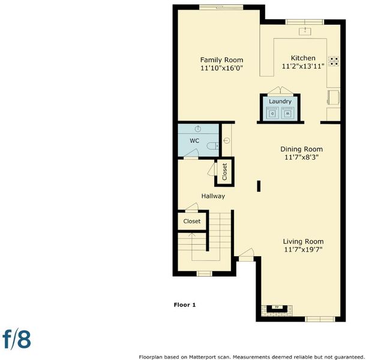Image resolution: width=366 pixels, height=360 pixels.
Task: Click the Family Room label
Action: [x=221, y=60]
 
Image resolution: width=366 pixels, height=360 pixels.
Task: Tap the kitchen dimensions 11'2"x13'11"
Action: [x=303, y=67]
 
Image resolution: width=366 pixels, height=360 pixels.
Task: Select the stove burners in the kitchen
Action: [x=334, y=61]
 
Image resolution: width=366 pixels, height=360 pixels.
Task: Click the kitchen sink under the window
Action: [x=305, y=31]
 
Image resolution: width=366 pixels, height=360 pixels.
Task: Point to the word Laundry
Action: [x=280, y=101]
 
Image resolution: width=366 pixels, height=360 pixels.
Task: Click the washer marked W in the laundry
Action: [x=287, y=113]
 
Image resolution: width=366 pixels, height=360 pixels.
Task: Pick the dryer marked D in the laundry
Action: [x=272, y=113]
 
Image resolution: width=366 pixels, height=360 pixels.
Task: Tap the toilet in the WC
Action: [x=212, y=146]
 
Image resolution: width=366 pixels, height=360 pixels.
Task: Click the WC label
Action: [x=194, y=140]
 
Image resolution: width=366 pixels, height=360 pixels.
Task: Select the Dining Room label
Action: [x=302, y=149]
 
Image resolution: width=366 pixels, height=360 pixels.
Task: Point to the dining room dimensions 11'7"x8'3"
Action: [x=302, y=157]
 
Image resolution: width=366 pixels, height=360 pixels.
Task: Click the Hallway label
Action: [x=213, y=196]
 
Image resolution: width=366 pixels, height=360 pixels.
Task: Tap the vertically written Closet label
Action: [x=224, y=172]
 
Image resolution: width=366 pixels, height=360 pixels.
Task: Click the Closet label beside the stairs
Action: [x=192, y=221]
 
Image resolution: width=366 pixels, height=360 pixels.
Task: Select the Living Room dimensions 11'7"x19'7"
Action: [x=303, y=250]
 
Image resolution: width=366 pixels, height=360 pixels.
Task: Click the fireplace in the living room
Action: [x=277, y=309]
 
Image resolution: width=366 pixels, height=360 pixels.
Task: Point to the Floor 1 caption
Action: [x=185, y=305]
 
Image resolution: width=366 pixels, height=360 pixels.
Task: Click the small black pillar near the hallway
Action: [x=259, y=186]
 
